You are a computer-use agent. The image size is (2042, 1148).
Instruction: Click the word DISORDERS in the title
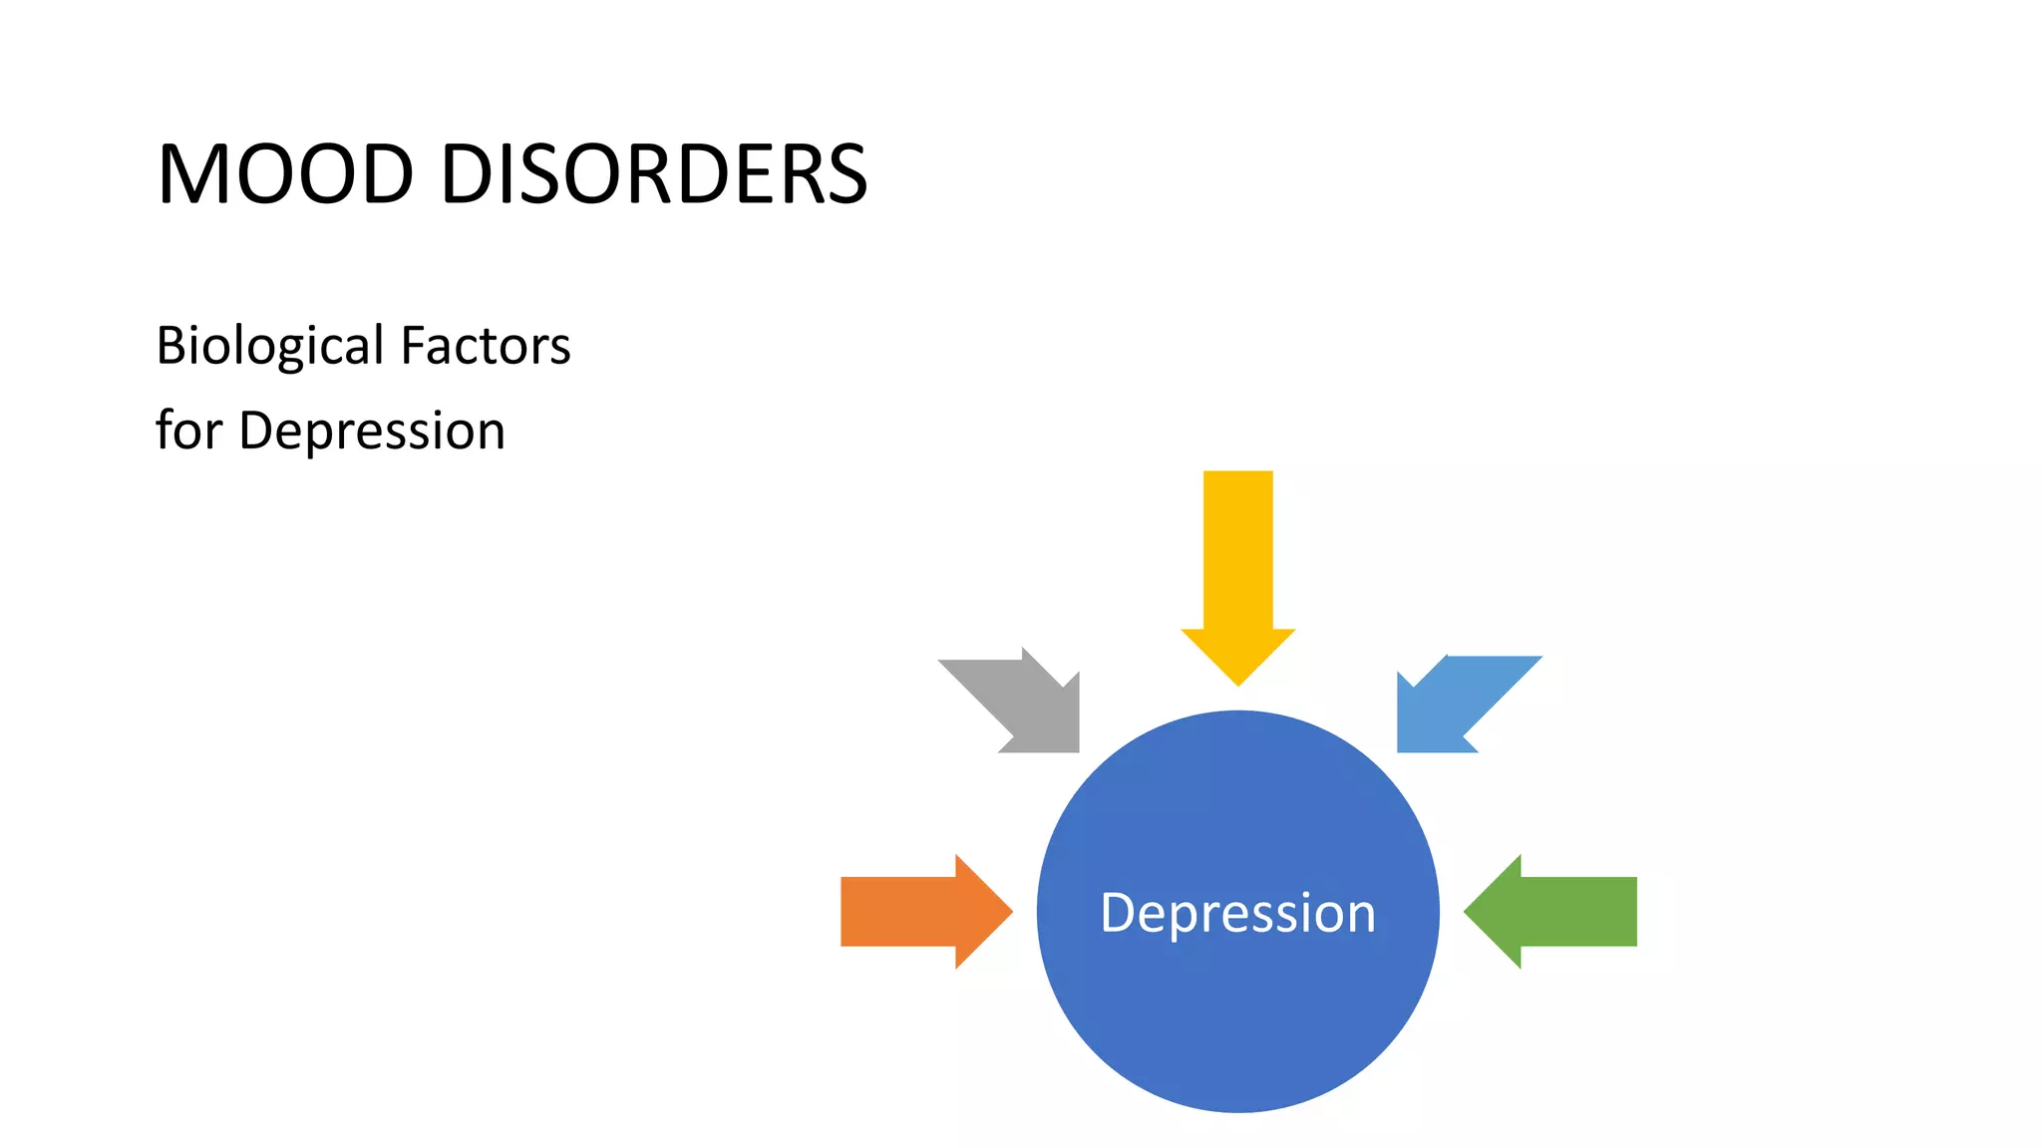point(653,174)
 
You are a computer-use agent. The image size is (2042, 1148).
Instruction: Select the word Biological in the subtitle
point(269,346)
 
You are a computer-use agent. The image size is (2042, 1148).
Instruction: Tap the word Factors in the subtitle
point(485,346)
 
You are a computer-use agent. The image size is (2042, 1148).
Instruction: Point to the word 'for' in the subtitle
point(188,430)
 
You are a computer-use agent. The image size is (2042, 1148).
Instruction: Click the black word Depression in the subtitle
point(372,430)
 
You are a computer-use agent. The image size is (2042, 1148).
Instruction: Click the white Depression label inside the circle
point(1237,913)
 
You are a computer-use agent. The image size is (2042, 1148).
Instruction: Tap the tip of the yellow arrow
point(1238,681)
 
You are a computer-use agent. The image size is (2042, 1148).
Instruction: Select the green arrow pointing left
point(1555,912)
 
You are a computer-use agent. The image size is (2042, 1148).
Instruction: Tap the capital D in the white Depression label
point(1118,912)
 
